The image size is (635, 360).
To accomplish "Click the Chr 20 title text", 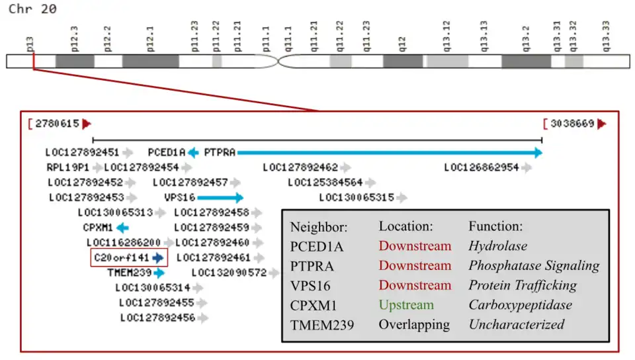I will click(x=32, y=9).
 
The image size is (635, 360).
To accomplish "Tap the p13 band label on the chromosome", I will click(x=30, y=45).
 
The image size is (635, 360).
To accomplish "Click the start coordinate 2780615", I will click(x=57, y=124).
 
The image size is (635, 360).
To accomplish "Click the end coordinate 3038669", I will click(x=571, y=124).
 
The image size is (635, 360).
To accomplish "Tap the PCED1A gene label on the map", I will click(x=167, y=152).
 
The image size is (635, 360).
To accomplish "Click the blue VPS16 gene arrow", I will click(x=220, y=197).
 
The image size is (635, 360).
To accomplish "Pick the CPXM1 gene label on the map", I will click(x=98, y=227).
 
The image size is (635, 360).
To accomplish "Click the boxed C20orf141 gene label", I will click(x=122, y=257).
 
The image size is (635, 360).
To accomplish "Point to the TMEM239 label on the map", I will click(x=130, y=272).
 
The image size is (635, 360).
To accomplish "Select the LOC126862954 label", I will click(x=482, y=167).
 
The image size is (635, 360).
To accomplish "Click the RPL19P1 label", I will click(x=68, y=167).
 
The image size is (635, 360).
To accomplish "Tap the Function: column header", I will click(x=495, y=226).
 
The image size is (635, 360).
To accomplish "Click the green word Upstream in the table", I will click(x=406, y=305).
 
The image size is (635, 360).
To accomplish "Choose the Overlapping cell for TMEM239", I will click(x=414, y=325).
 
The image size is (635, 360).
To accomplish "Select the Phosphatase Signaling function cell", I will click(x=534, y=265).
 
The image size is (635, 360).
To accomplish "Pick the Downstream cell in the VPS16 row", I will click(x=415, y=285).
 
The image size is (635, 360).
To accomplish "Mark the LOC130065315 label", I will click(x=357, y=197).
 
